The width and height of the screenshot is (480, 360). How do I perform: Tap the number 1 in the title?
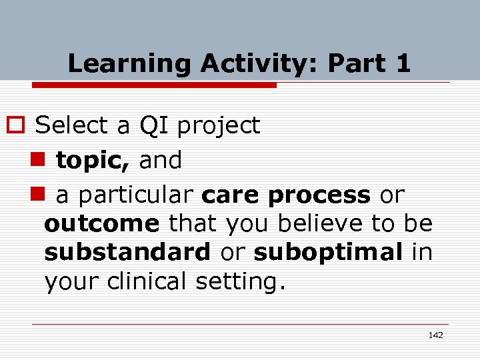pos(403,64)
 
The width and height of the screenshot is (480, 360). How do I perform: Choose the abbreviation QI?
pos(155,125)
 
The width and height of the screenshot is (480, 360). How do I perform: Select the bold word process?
pos(319,195)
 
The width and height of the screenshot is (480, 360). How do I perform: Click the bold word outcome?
pos(102,223)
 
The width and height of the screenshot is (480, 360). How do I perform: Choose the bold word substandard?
pos(127,253)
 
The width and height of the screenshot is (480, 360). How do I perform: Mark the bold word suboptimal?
pos(328,253)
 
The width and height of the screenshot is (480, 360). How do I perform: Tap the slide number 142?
pos(435,335)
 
